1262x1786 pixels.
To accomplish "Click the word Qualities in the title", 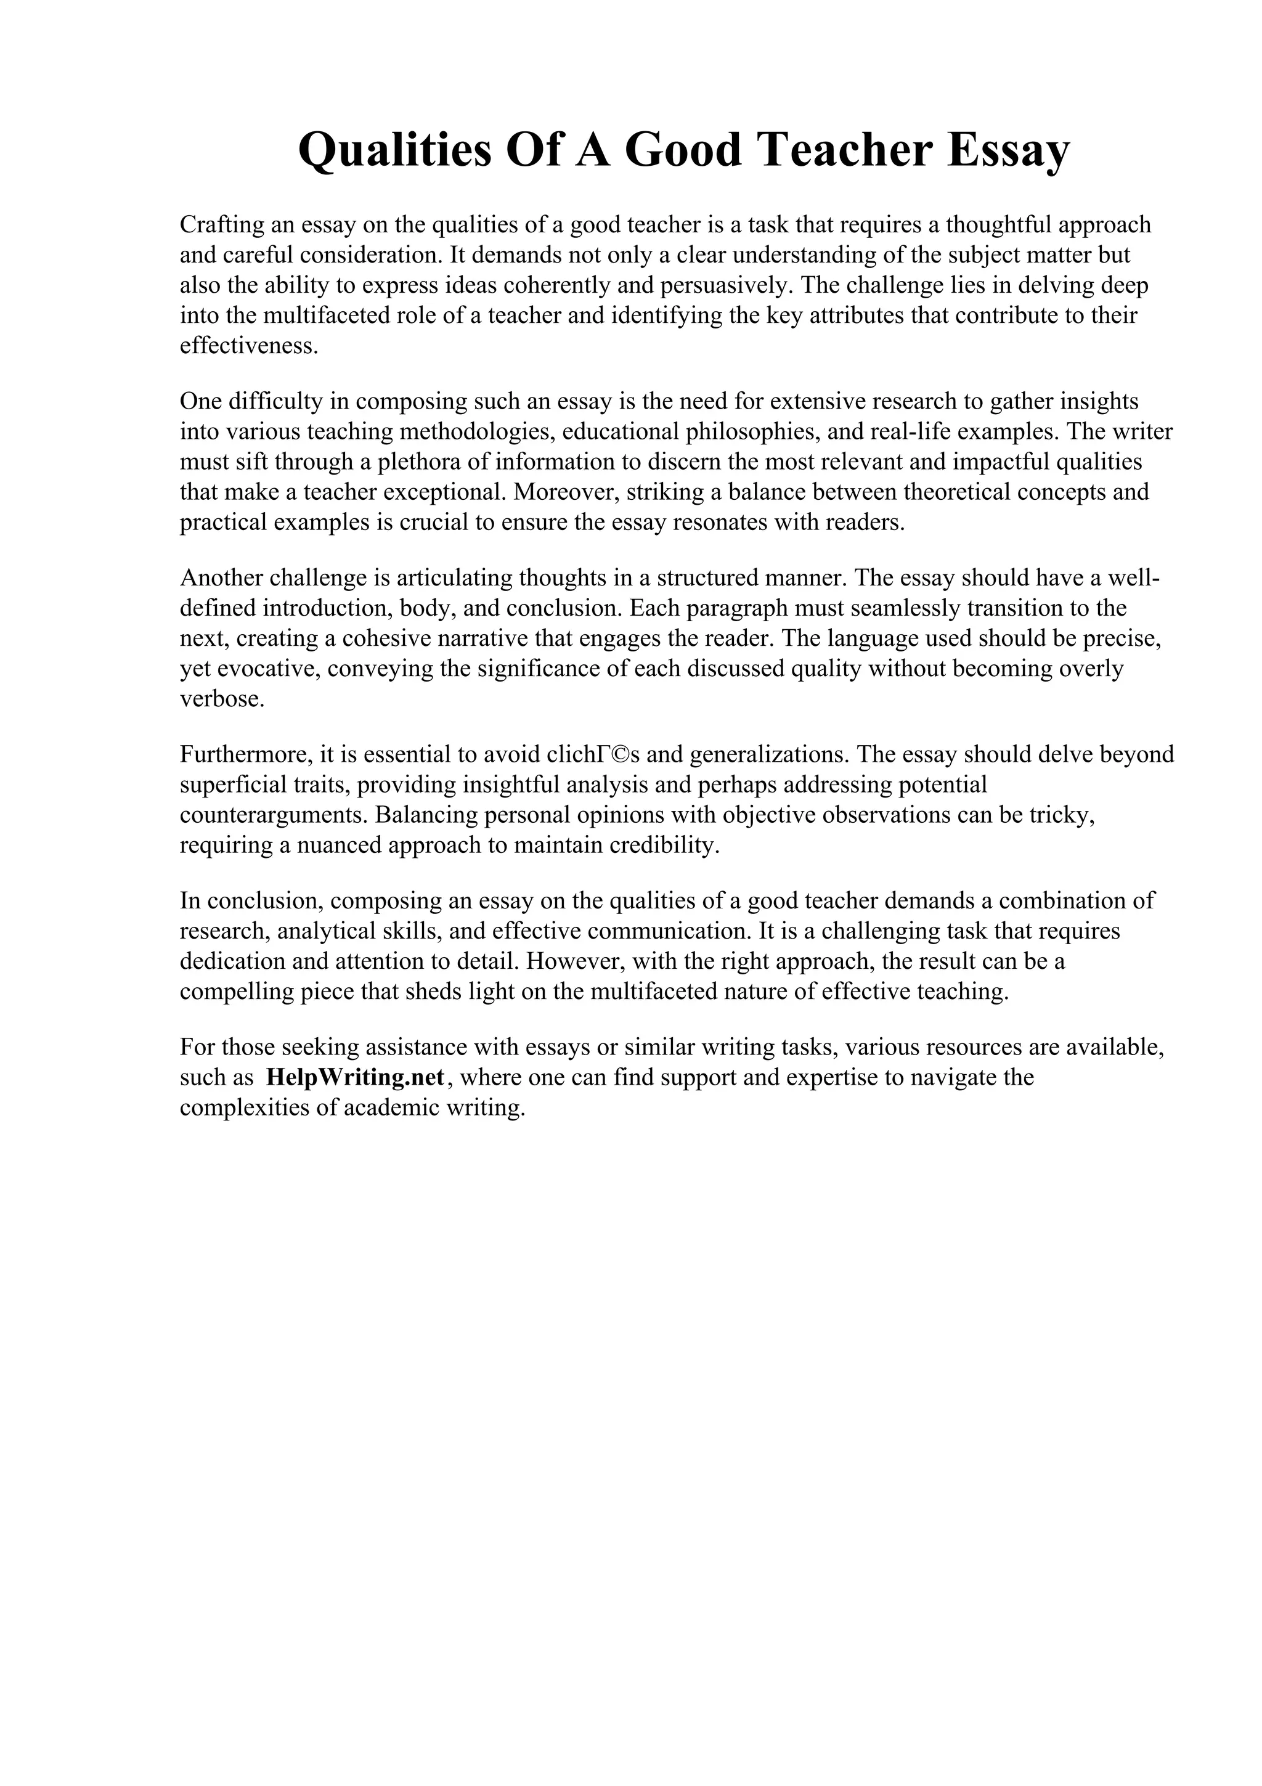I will [x=395, y=150].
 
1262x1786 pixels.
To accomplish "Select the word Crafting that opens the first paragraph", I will [x=222, y=225].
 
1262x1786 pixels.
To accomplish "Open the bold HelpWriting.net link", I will [x=354, y=1078].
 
